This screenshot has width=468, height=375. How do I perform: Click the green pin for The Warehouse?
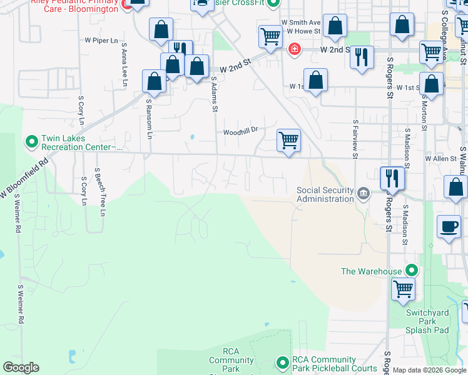(411, 271)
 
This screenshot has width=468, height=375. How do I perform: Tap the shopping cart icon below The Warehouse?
(403, 288)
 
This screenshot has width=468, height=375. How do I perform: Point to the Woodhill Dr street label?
(241, 132)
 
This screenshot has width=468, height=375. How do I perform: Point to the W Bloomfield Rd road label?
(24, 179)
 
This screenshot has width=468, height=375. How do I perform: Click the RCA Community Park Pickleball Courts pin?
(282, 362)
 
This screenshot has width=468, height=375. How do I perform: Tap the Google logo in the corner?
(21, 367)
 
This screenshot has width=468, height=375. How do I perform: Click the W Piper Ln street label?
(101, 41)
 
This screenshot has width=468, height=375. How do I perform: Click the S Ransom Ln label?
(149, 119)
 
